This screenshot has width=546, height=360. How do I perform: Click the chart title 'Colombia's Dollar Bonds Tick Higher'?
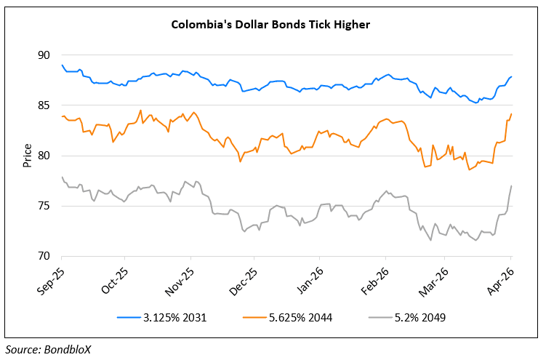(x=270, y=24)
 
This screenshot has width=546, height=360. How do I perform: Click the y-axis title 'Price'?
(x=27, y=156)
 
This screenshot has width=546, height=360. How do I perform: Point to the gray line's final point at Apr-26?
(x=511, y=186)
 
